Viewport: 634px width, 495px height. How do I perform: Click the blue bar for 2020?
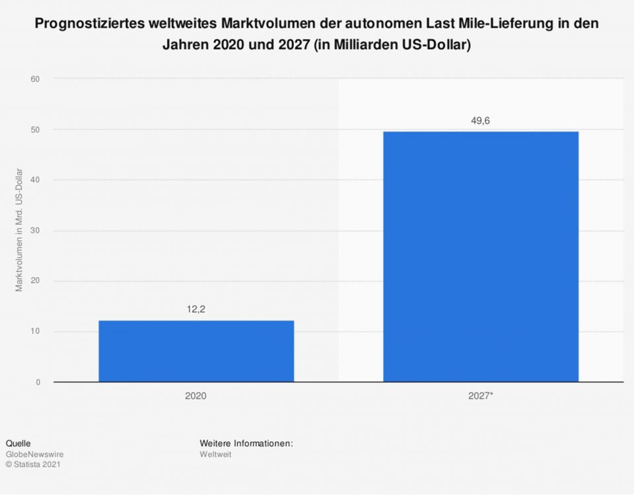pos(196,351)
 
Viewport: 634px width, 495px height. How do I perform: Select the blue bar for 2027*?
pos(481,256)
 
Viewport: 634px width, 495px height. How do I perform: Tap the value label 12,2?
pos(196,308)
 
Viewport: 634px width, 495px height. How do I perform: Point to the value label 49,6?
pos(481,120)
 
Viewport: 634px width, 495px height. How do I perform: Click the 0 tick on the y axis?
pos(38,382)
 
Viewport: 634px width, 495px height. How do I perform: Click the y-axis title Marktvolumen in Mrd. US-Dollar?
pos(19,230)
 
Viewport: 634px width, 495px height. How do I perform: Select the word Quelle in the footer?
pos(18,444)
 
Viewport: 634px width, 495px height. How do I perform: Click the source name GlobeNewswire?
pos(34,454)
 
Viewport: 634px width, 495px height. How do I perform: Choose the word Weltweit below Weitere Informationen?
pos(215,454)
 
